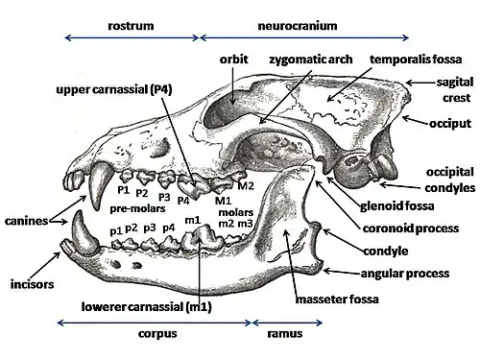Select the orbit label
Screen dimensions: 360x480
coord(232,59)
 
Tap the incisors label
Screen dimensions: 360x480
coord(29,285)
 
